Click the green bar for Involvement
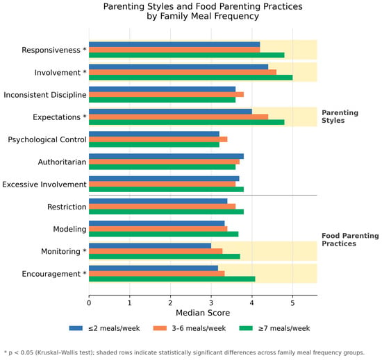[x=191, y=78]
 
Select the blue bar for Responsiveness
[x=174, y=44]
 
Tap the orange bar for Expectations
[x=178, y=117]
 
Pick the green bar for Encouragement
[x=172, y=279]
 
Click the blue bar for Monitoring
[x=150, y=246]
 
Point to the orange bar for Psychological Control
[x=158, y=139]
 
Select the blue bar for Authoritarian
[x=167, y=156]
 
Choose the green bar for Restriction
[x=167, y=212]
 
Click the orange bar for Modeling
[x=158, y=229]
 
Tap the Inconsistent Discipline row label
[x=45, y=95]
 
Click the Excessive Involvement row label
[x=44, y=185]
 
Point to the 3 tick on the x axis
[x=211, y=296]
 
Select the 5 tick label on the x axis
[x=292, y=303]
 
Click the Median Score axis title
[x=203, y=313]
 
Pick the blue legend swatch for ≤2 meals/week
[x=76, y=328]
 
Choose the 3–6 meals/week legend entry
[x=190, y=328]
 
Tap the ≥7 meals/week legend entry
[x=275, y=328]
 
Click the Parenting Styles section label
[x=340, y=117]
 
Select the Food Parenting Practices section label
[x=350, y=239]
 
